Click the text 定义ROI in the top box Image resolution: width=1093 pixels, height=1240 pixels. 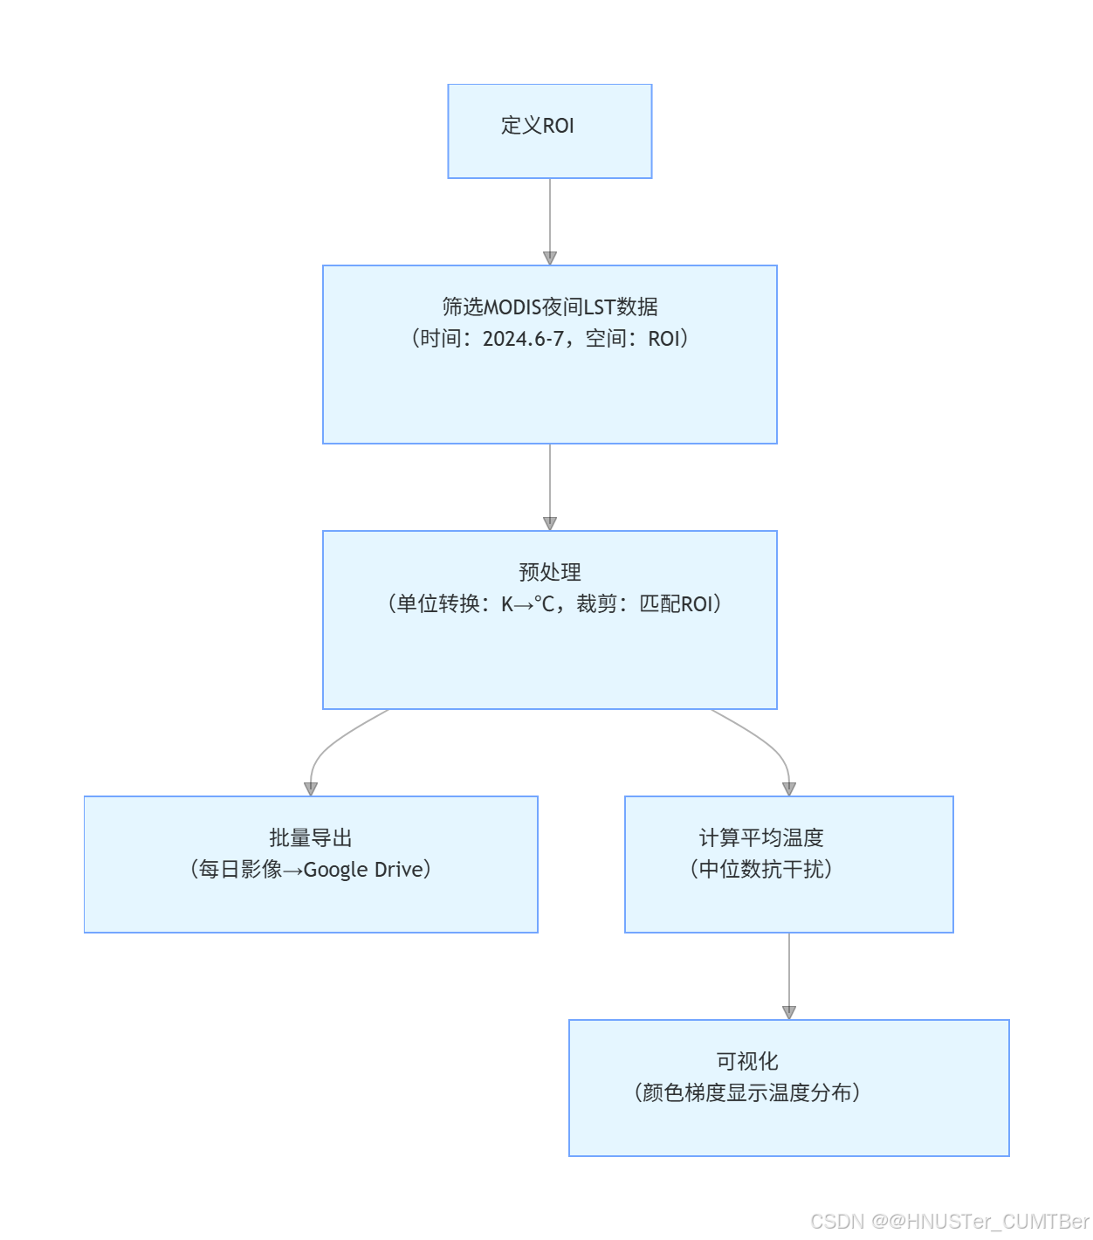coord(537,126)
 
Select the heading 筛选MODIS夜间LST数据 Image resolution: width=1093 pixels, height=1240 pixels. coord(549,307)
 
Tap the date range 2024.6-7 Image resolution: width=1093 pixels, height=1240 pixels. coord(523,339)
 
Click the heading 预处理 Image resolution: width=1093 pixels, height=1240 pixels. coord(549,573)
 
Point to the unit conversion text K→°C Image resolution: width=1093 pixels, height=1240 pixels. coord(527,604)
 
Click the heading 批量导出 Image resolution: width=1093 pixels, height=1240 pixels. coord(310,838)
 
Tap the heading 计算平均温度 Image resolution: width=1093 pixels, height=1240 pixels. coord(760,838)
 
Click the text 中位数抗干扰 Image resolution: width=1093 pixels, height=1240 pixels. coord(760,870)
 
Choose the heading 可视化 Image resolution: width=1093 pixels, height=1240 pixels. coord(746,1062)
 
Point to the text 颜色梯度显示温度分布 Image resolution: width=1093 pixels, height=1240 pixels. coord(746,1093)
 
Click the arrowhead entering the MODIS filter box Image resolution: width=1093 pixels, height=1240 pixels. coord(550,258)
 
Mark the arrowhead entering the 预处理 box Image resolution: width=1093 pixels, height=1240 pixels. coord(550,523)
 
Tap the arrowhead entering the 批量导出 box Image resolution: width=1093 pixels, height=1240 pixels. coord(310,789)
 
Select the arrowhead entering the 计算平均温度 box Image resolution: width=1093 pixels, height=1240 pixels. coord(789,789)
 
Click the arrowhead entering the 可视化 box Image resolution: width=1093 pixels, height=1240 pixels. coord(789,1012)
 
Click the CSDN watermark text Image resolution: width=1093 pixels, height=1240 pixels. coord(949,1221)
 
